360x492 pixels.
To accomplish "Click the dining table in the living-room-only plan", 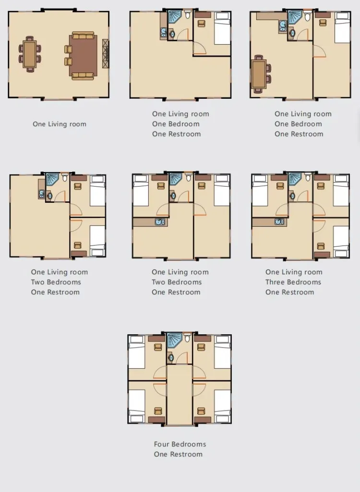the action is coord(30,54).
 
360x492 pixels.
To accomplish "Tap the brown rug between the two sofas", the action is coord(83,56).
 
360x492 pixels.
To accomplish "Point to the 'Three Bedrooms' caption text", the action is coord(293,282).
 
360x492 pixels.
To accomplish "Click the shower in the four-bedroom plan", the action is coord(174,340).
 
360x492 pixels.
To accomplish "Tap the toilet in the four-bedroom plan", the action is coord(188,337).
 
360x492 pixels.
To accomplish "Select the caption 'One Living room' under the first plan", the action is coord(60,124).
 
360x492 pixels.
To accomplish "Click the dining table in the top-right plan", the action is coord(259,74).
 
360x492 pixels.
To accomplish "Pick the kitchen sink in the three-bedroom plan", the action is coord(279,222).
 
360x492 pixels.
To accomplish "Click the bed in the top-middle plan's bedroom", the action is coord(222,29).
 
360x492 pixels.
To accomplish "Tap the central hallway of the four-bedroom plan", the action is coord(180,395).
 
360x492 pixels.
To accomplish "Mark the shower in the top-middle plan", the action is coord(175,17).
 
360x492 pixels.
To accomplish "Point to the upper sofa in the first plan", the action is coord(83,35).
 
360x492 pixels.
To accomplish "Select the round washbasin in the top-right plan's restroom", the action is coord(292,33).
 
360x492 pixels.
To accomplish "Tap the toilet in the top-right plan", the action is coord(308,16).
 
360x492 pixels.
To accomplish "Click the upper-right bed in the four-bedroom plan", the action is coord(222,352).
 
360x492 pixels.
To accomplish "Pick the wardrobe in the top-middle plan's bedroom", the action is coord(203,15).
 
